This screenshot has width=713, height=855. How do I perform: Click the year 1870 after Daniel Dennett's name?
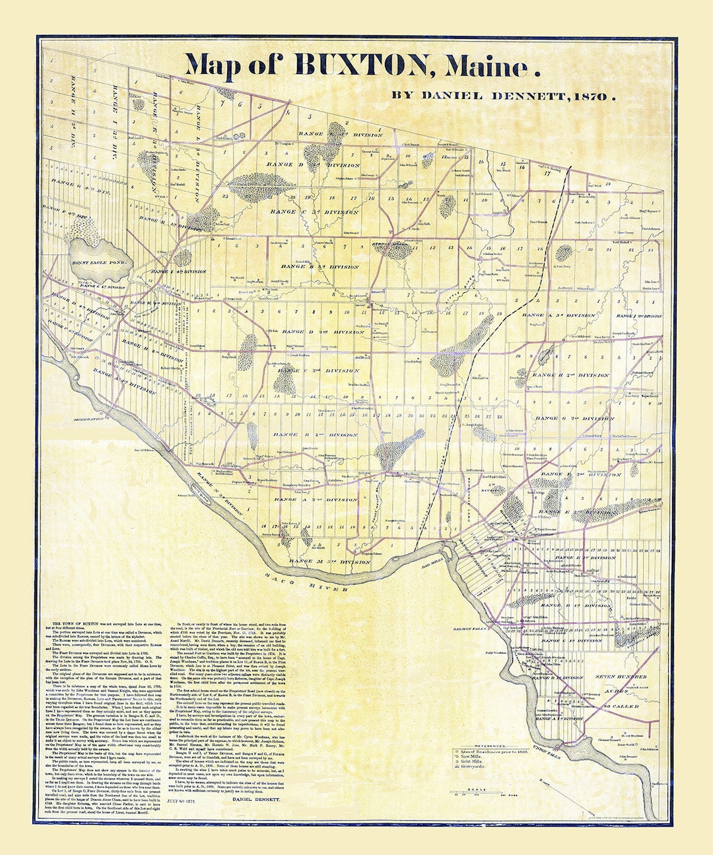(591, 96)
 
